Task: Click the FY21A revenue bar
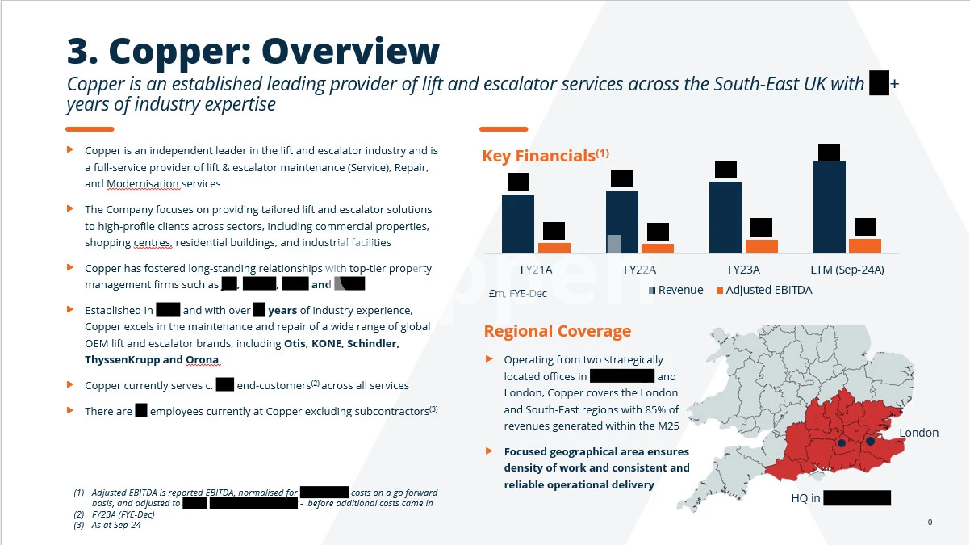517,223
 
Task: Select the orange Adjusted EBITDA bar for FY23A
761,246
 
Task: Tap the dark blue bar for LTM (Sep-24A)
829,207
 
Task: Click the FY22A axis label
639,270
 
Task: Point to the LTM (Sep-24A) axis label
847,270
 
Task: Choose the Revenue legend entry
680,290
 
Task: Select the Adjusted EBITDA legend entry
768,290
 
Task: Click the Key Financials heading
538,156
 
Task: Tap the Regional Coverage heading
557,331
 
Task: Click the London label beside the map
918,433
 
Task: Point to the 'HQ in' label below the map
805,498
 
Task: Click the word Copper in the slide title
174,51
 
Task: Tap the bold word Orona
202,360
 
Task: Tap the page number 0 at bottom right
930,522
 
